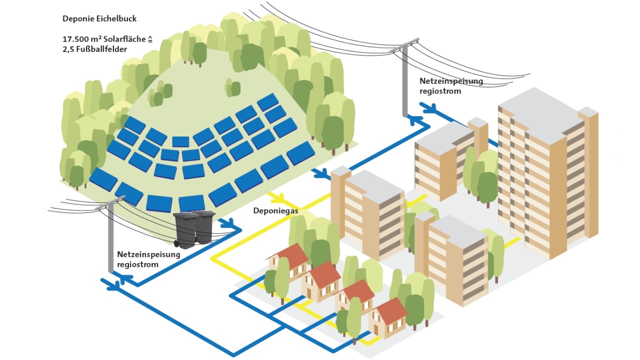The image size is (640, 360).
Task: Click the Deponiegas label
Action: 275,211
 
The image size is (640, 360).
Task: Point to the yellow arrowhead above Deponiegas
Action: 278,198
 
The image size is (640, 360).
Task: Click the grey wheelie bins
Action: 194,229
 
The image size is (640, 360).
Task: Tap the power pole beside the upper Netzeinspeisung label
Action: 404,80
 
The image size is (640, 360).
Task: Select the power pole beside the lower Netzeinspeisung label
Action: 110,235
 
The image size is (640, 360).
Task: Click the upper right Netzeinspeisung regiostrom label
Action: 451,85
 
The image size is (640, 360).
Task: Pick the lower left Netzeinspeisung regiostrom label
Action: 148,259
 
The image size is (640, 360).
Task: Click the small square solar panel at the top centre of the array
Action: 180,141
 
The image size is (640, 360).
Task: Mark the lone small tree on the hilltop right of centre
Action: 232,87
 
